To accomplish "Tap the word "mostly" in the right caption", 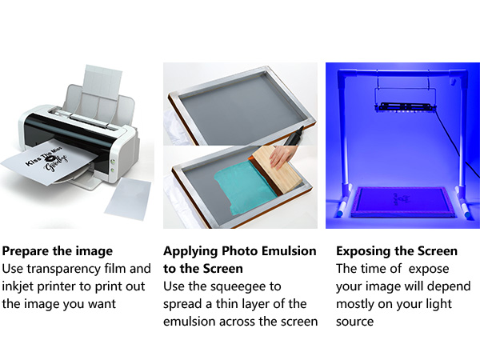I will [x=357, y=303].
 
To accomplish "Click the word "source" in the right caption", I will [x=355, y=321].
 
